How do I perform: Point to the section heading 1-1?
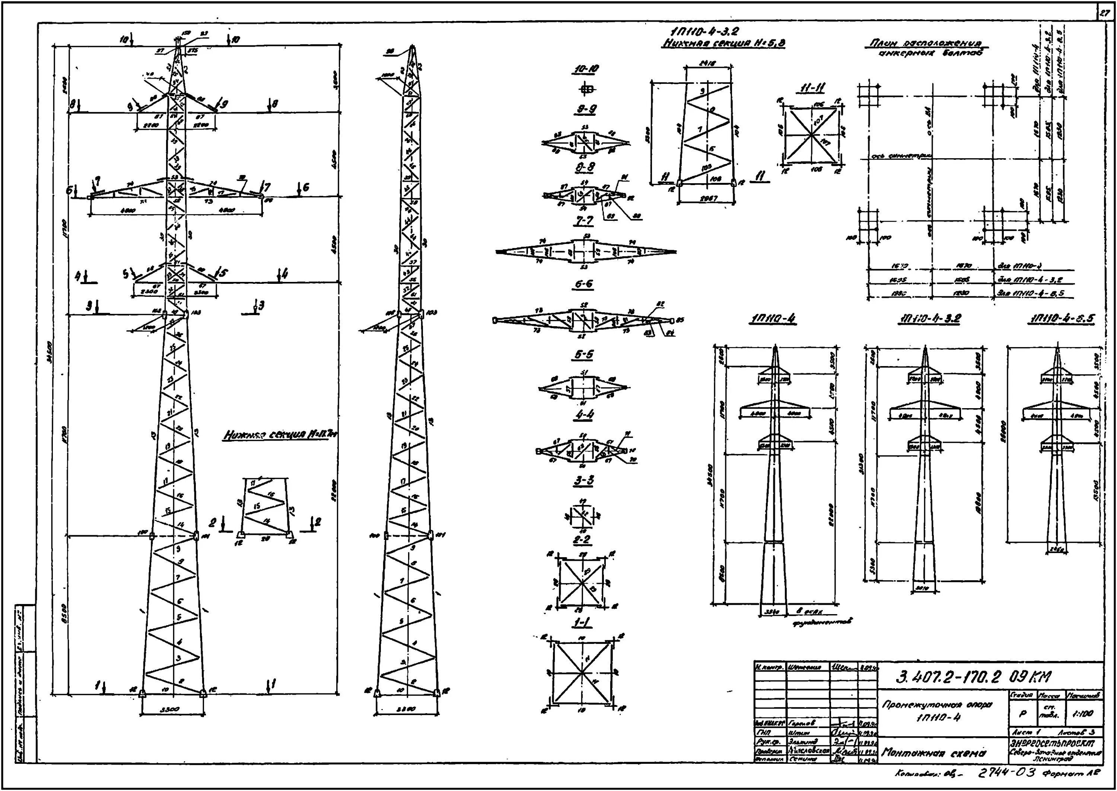pos(583,623)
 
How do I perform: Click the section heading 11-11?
pos(812,89)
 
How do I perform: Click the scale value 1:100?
pos(1084,714)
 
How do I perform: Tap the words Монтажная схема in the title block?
pos(934,753)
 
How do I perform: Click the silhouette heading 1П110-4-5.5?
pos(1062,319)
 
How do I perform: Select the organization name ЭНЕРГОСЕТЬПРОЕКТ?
pos(1055,743)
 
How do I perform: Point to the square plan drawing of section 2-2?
pos(583,582)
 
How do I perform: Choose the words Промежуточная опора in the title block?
pos(936,705)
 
